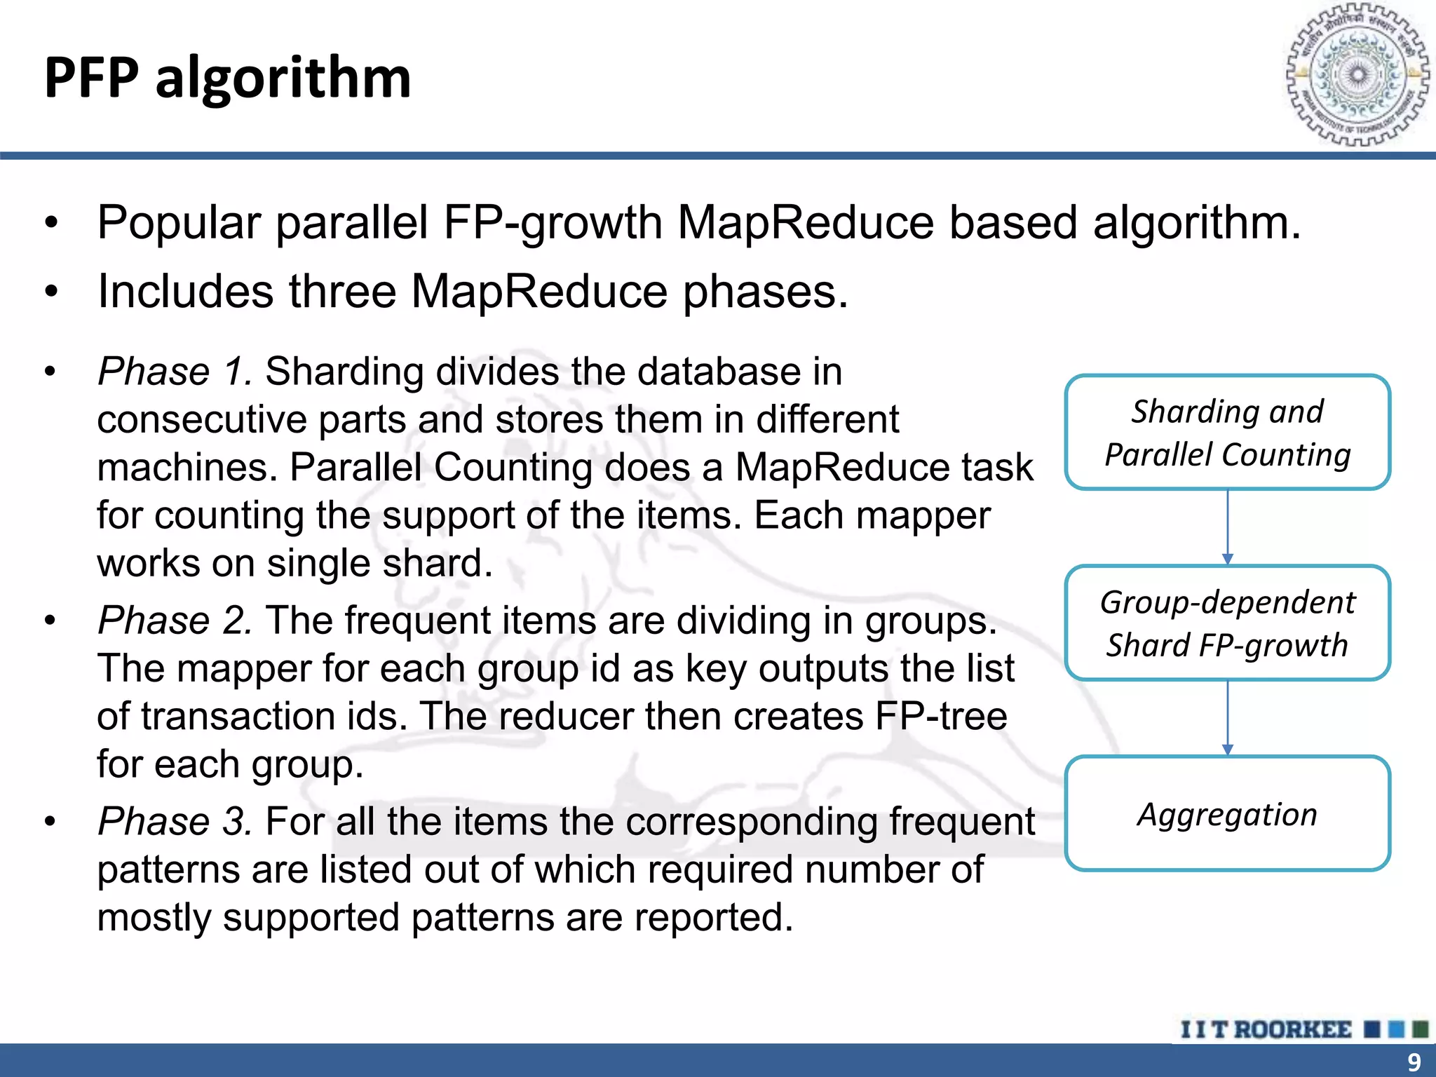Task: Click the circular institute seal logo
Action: tap(1357, 74)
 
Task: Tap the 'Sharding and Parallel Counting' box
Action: tap(1227, 433)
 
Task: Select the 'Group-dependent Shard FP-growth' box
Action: tap(1227, 623)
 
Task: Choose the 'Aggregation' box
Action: tap(1227, 813)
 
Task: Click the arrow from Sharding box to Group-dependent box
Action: tap(1227, 527)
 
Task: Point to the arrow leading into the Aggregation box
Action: tap(1227, 717)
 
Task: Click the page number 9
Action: tap(1414, 1062)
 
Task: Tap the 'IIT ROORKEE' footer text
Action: tap(1266, 1029)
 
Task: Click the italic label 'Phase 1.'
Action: tap(175, 371)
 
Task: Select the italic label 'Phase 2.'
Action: tap(175, 621)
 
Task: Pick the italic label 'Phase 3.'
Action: tap(175, 821)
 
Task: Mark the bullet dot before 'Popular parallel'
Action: tap(50, 224)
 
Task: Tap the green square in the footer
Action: tap(1420, 1029)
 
